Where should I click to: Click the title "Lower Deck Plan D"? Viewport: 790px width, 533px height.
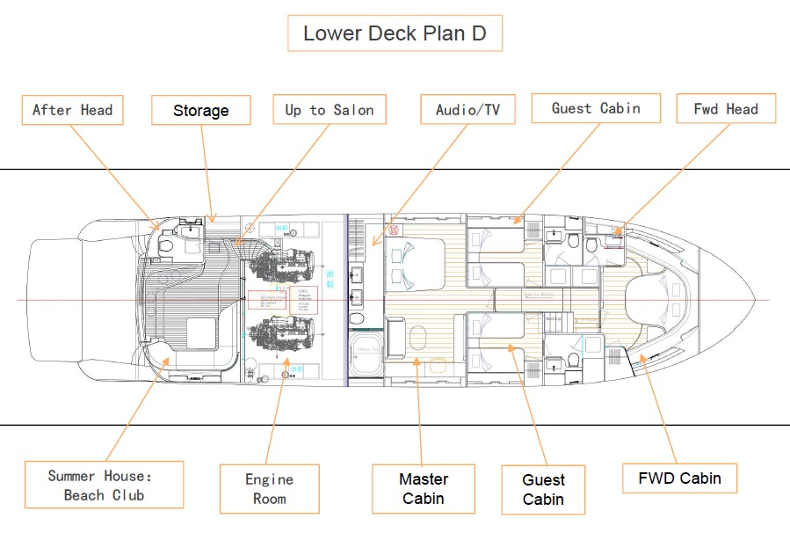tap(395, 33)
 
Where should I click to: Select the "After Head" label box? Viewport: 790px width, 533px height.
tap(72, 110)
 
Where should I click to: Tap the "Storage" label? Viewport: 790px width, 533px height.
tap(200, 111)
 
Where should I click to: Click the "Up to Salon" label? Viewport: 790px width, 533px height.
tap(329, 110)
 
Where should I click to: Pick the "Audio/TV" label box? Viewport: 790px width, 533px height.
tap(467, 110)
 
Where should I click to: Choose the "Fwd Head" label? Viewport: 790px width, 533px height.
tap(726, 109)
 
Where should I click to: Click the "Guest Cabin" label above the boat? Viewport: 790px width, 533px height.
tap(595, 108)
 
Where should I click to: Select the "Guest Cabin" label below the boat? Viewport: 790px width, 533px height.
tap(543, 490)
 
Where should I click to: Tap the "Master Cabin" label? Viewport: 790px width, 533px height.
tap(424, 489)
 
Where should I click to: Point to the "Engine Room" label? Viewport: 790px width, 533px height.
tap(269, 489)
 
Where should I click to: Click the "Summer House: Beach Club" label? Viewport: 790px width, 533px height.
tap(104, 485)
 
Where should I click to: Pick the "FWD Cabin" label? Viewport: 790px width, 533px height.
tap(679, 478)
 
